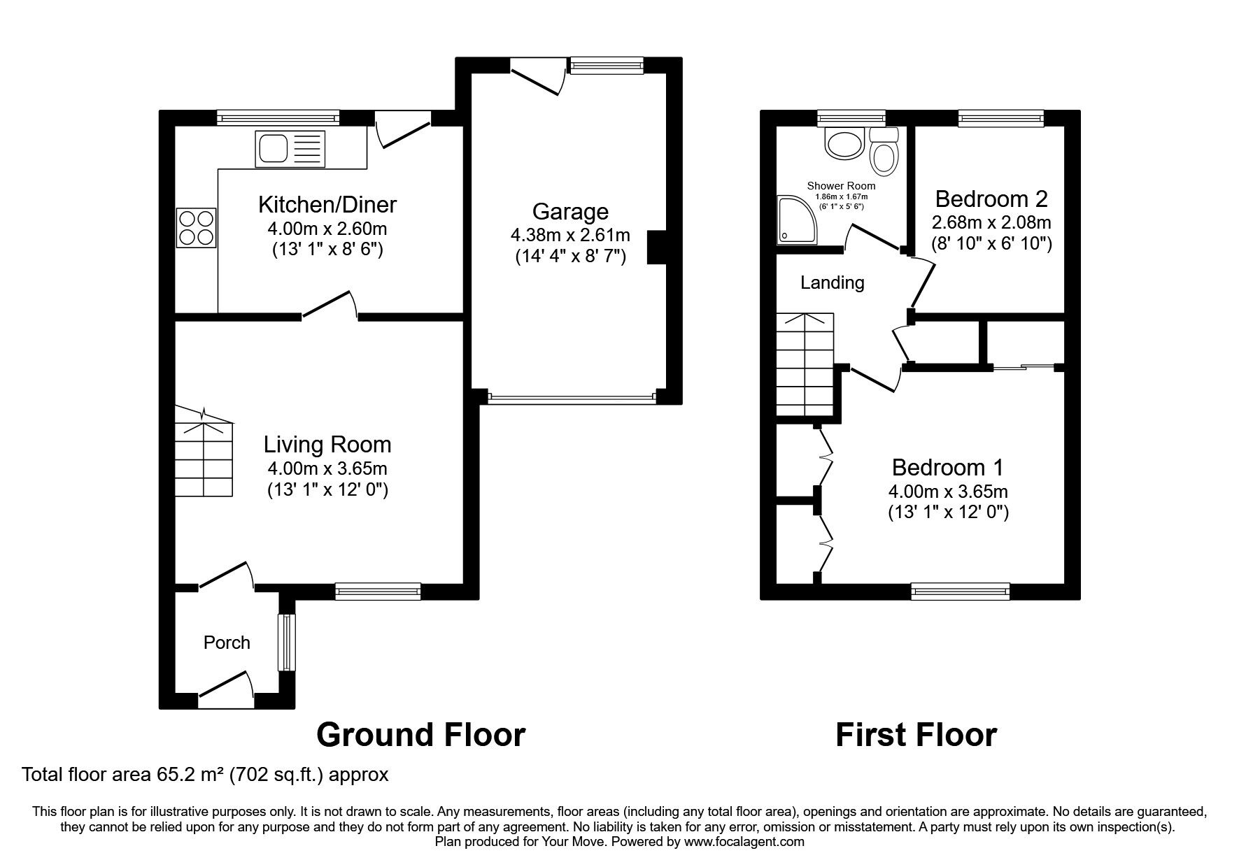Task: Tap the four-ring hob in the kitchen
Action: (x=196, y=228)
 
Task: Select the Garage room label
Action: (x=570, y=211)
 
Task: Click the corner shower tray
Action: (x=797, y=220)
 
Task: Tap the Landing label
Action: (x=832, y=282)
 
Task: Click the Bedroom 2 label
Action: (x=991, y=199)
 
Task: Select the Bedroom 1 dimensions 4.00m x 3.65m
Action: (x=948, y=492)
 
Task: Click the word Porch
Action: (x=227, y=643)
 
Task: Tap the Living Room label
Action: (x=327, y=445)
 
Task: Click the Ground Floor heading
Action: (x=420, y=735)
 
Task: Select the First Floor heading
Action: (x=916, y=735)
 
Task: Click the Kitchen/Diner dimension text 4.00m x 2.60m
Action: (x=327, y=229)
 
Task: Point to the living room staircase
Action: (x=204, y=454)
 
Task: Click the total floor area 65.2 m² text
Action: (x=204, y=775)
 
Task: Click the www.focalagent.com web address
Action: (x=744, y=842)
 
